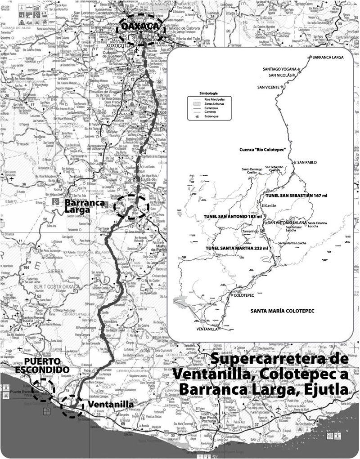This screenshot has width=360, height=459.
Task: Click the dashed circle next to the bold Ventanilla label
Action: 72,406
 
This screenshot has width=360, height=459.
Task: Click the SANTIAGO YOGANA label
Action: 279,69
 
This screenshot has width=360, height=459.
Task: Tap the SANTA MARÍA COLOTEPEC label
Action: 281,311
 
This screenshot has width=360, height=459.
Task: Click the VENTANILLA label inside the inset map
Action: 207,329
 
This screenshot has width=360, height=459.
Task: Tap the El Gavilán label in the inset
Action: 268,205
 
